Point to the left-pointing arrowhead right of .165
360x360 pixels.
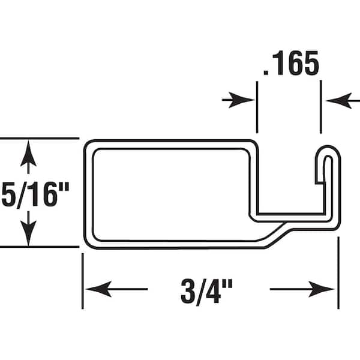click(336, 100)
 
